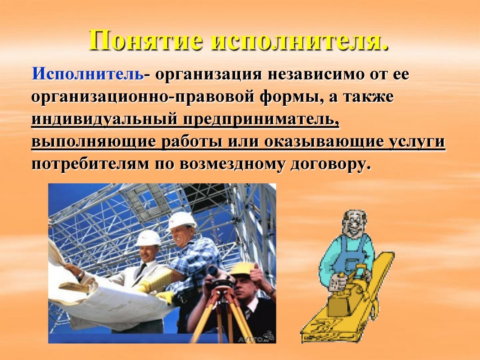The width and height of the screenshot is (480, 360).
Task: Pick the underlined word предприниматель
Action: click(261, 120)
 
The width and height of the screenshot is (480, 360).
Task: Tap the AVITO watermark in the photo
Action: click(255, 339)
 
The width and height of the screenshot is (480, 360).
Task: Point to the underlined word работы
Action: click(192, 142)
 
